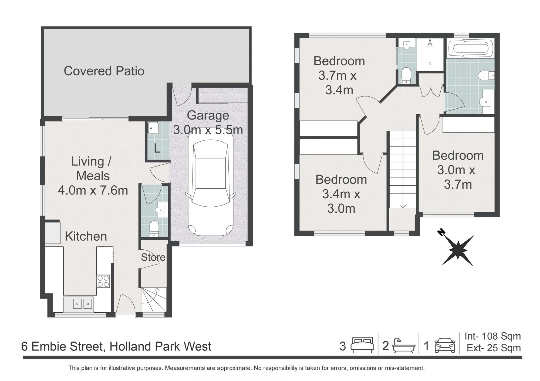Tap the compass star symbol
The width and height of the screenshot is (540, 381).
click(x=458, y=250)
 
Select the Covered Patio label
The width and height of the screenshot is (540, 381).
click(x=104, y=71)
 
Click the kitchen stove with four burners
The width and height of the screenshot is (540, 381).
click(x=103, y=281)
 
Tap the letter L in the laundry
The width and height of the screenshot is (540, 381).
click(x=157, y=148)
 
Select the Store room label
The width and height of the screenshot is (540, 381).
click(x=153, y=258)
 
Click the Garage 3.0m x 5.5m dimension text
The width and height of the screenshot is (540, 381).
click(x=208, y=123)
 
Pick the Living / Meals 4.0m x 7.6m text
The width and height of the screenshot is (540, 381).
click(x=93, y=176)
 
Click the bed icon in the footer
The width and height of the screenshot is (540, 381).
click(x=362, y=345)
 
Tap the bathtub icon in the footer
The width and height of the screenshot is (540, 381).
click(x=403, y=346)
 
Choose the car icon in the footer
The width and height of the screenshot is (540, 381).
click(x=445, y=345)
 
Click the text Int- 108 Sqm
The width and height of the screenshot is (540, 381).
click(x=492, y=336)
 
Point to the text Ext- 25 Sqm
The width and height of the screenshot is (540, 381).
click(x=494, y=348)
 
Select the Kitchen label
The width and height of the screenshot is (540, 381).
click(x=86, y=236)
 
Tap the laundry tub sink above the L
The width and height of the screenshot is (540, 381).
click(x=153, y=128)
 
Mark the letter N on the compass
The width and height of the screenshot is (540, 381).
click(x=441, y=232)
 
